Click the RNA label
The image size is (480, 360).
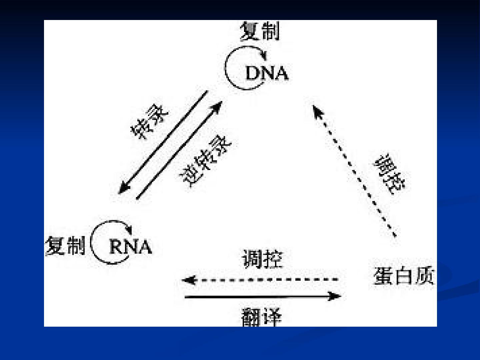pyautogui.click(x=131, y=247)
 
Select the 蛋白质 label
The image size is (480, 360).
pyautogui.click(x=404, y=276)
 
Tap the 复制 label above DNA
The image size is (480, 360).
pyautogui.click(x=260, y=31)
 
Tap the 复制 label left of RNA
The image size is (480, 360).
pyautogui.click(x=65, y=245)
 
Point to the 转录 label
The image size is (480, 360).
pyautogui.click(x=149, y=122)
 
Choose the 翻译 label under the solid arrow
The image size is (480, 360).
pyautogui.click(x=261, y=317)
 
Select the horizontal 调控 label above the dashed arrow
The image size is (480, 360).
pyautogui.click(x=263, y=259)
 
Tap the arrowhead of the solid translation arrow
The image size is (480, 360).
pyautogui.click(x=334, y=296)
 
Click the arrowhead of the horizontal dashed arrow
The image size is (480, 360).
pyautogui.click(x=189, y=280)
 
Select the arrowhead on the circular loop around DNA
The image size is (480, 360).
pyautogui.click(x=264, y=56)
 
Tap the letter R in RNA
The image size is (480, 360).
pyautogui.click(x=116, y=247)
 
